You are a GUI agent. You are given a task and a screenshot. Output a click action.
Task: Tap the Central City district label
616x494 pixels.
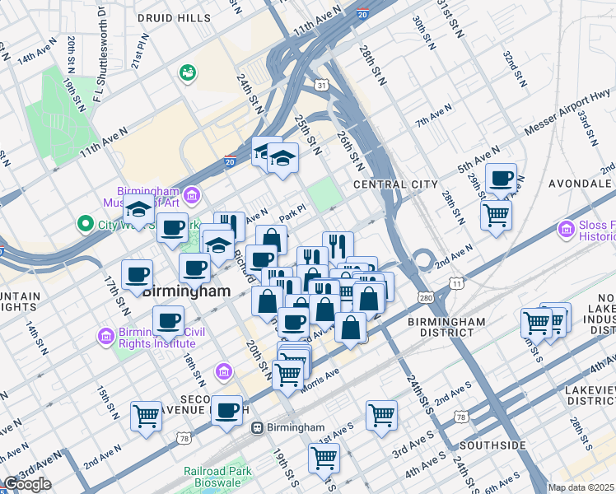click(x=390, y=184)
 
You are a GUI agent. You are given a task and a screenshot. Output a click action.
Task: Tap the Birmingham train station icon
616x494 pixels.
click(x=258, y=428)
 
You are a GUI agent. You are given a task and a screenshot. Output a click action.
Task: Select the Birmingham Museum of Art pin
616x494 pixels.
click(x=193, y=195)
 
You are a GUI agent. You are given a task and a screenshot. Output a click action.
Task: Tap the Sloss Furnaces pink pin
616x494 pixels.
click(x=566, y=230)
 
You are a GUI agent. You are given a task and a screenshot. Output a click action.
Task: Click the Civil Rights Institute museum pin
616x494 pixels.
click(x=106, y=336)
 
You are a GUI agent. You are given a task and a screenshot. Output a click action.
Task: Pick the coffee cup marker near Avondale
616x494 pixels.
click(x=501, y=179)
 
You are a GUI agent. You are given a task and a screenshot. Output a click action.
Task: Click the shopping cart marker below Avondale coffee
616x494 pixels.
click(x=497, y=216)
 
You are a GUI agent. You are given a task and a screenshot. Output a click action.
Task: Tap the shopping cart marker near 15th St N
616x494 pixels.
click(x=147, y=415)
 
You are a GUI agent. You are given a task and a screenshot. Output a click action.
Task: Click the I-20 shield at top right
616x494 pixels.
click(x=363, y=14)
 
